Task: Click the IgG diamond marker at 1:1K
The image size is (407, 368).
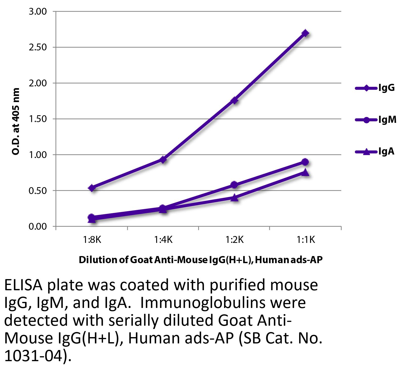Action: [305, 33]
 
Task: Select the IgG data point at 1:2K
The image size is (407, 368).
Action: [234, 101]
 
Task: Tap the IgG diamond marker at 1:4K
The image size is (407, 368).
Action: [163, 160]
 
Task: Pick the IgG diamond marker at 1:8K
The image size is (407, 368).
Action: [92, 188]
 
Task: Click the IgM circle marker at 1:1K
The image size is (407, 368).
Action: [305, 162]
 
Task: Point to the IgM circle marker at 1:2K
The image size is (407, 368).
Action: [234, 185]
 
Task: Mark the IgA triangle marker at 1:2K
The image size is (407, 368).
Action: [234, 198]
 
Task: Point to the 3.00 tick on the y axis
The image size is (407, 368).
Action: [38, 12]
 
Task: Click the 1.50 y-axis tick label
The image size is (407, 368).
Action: [38, 119]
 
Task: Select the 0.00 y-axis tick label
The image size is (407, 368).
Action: [38, 226]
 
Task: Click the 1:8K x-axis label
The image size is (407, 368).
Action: [92, 239]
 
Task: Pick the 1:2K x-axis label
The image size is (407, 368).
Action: [234, 239]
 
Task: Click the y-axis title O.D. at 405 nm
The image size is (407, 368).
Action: [16, 122]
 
